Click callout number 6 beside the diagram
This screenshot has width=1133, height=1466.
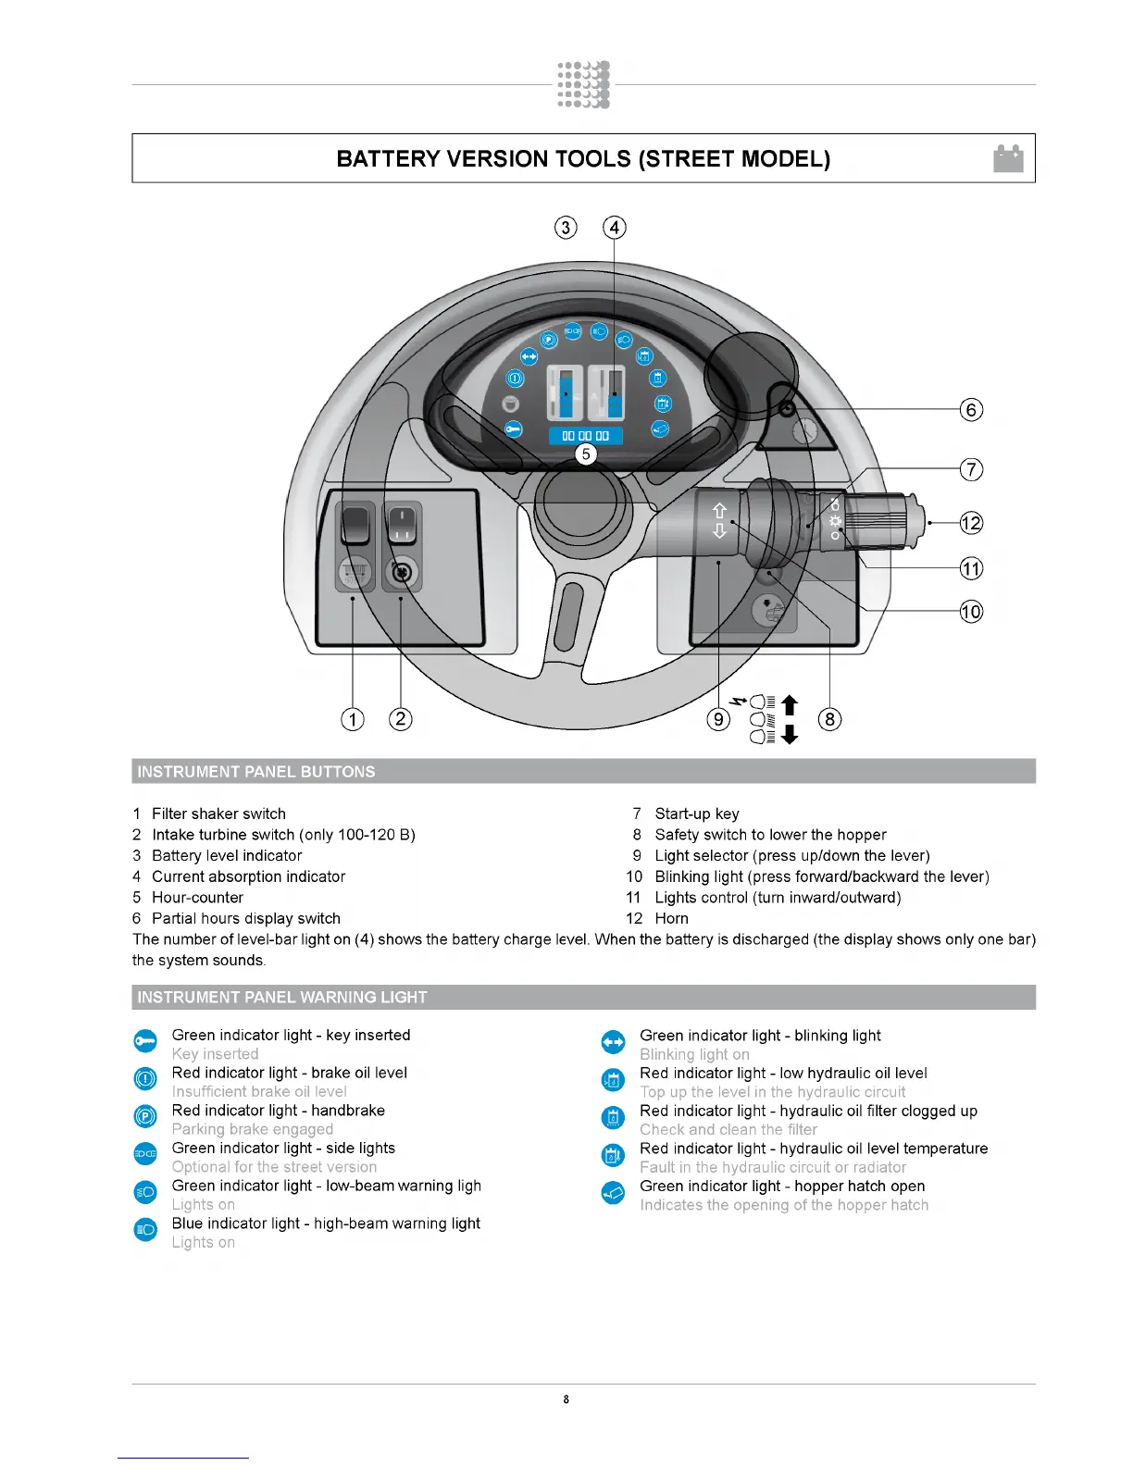970,409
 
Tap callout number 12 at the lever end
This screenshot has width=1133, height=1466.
970,523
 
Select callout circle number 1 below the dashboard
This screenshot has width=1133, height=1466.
353,719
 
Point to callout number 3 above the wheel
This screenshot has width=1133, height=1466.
566,228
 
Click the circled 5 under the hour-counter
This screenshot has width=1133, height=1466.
585,453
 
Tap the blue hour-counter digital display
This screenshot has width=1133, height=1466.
585,435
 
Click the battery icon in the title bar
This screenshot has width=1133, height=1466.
1008,158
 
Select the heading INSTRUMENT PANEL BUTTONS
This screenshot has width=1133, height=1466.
256,772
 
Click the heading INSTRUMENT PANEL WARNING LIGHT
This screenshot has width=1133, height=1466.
282,997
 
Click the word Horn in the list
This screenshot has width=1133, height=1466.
671,918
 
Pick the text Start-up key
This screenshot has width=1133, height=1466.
696,814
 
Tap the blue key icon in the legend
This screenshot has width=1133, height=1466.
145,1041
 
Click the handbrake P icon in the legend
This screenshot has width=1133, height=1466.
145,1116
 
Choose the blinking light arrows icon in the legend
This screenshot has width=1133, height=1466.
613,1042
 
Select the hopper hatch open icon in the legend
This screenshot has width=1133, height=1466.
613,1193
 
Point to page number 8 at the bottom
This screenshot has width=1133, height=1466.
566,1399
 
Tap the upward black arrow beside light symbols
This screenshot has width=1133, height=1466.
789,705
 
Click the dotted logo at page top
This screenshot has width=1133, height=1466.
583,85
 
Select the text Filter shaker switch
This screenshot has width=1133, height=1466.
218,814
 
